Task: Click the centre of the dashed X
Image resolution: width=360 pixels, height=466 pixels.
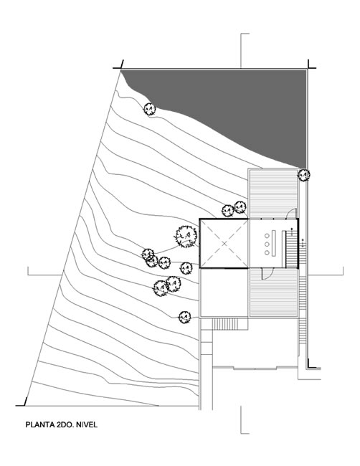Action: [x=224, y=244]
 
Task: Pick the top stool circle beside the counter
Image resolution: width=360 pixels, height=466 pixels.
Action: [x=267, y=236]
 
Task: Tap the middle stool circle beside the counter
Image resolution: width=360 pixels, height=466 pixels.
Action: [x=267, y=244]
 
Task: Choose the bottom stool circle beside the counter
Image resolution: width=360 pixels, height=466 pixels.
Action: [x=267, y=252]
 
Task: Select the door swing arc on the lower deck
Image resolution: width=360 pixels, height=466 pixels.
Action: [x=267, y=277]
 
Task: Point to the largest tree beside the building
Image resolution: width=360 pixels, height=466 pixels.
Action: [x=186, y=237]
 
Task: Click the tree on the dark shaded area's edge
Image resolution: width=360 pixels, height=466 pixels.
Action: [x=150, y=110]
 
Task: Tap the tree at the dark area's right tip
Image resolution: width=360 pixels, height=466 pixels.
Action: [x=304, y=176]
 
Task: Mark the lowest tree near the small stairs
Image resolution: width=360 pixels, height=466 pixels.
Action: [x=184, y=317]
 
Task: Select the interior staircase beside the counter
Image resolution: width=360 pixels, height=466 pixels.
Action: [x=292, y=249]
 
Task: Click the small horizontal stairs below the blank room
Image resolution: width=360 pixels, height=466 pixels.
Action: [x=225, y=324]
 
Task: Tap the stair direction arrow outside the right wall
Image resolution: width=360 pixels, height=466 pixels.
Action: [x=303, y=243]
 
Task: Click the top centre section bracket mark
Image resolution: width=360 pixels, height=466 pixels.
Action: [x=244, y=50]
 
